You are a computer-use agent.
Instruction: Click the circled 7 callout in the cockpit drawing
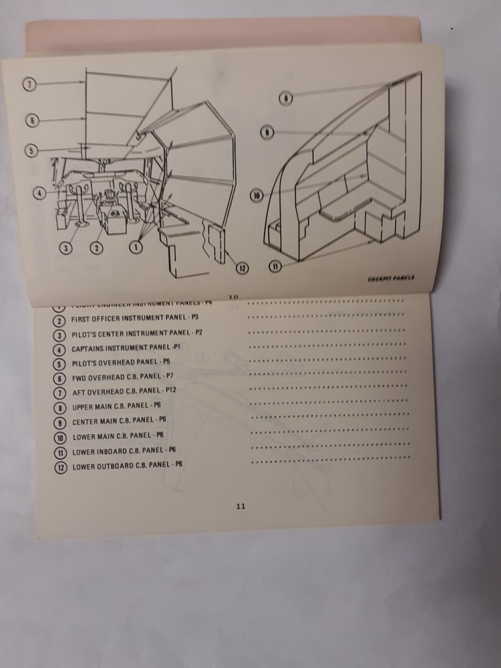coord(30,85)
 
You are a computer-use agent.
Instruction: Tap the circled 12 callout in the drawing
coord(242,268)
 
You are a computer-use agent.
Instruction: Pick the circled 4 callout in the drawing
coord(41,194)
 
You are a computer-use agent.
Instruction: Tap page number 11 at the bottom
coord(240,506)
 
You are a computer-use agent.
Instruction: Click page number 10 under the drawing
coord(233,296)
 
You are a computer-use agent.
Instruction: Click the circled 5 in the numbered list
coord(59,364)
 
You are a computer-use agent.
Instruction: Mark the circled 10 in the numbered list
coord(59,437)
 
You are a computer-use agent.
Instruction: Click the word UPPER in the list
coord(85,407)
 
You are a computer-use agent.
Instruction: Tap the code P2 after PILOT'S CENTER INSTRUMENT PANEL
coord(198,333)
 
